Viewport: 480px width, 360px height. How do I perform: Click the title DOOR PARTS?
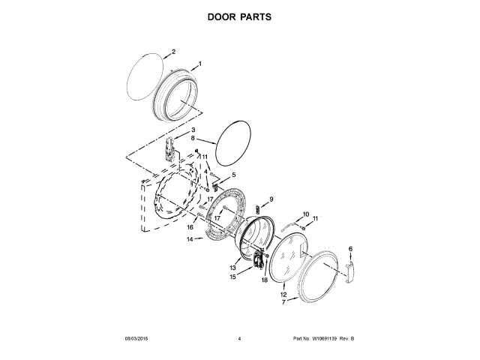pos(239,15)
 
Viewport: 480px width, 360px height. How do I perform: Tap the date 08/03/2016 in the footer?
pos(136,339)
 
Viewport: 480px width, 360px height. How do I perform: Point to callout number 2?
pos(174,52)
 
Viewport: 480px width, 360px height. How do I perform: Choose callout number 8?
pos(193,139)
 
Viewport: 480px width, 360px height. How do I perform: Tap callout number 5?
pos(232,175)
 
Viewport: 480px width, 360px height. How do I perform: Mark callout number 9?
pos(271,199)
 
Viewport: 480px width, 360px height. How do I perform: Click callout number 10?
pos(305,214)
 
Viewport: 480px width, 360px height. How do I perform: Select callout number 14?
pos(190,240)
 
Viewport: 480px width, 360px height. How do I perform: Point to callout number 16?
pos(190,226)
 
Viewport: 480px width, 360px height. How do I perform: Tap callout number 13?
pos(233,268)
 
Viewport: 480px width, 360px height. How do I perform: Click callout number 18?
pos(265,280)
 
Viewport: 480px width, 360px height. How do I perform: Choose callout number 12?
pos(283,295)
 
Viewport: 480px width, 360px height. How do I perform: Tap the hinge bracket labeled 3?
pos(170,149)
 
